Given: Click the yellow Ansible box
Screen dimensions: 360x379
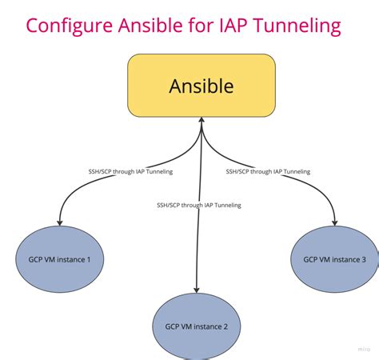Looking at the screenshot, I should coord(201,86).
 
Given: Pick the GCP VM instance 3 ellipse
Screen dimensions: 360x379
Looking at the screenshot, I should coord(334,259).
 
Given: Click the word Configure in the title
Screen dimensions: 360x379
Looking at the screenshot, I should coord(68,26).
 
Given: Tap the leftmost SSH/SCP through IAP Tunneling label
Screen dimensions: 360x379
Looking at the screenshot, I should coord(130,171).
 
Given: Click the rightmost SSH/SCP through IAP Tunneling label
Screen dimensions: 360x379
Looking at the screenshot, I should coord(268,171).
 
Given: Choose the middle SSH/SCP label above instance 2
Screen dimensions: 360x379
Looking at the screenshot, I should coord(199,206).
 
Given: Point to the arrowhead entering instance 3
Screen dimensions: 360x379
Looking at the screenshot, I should coord(336,222).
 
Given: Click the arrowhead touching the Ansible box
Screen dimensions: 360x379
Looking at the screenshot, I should coord(201,121).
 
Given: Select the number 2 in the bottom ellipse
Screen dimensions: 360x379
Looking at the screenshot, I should coord(226,326).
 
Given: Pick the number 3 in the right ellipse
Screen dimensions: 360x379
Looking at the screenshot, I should coord(363,259).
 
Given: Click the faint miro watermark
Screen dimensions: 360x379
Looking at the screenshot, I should coord(363,350).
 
